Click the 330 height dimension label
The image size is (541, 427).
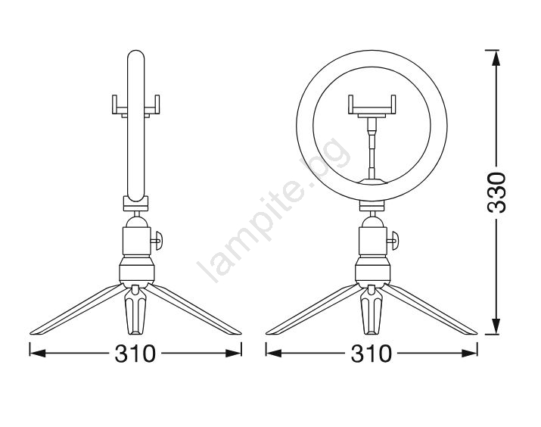pyautogui.click(x=496, y=192)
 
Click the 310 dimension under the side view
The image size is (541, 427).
pyautogui.click(x=135, y=354)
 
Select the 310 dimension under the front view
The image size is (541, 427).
pyautogui.click(x=372, y=354)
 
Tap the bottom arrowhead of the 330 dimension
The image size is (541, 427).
pyautogui.click(x=496, y=326)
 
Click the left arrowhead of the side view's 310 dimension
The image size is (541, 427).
pyautogui.click(x=38, y=353)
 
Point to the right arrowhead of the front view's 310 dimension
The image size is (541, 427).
pyautogui.click(x=469, y=353)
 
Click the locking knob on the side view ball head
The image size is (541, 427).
pyautogui.click(x=157, y=240)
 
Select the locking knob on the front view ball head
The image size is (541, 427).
pyautogui.click(x=393, y=240)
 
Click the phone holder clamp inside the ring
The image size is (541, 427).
pyautogui.click(x=372, y=106)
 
